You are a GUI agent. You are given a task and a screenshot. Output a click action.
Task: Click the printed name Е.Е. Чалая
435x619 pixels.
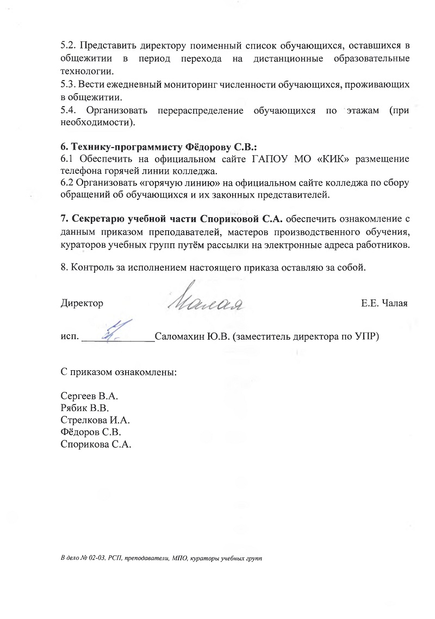pos(384,303)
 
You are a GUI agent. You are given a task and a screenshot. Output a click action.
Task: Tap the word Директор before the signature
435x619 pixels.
pos(82,303)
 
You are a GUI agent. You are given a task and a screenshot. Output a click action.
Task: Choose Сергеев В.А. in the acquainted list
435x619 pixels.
pos(89,396)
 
